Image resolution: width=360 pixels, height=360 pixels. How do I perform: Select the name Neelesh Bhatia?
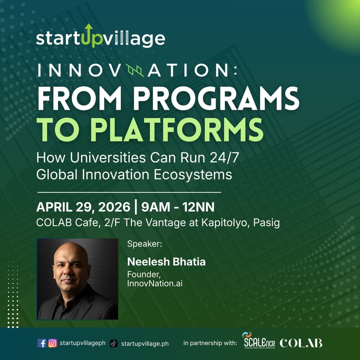tap(166, 262)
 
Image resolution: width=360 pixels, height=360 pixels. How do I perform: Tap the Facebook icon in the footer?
tap(42, 343)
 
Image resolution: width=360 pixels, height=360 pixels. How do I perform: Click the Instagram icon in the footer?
tap(53, 343)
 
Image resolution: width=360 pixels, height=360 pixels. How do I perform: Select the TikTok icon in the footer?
tap(114, 343)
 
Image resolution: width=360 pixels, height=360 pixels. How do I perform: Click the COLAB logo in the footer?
tap(301, 343)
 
